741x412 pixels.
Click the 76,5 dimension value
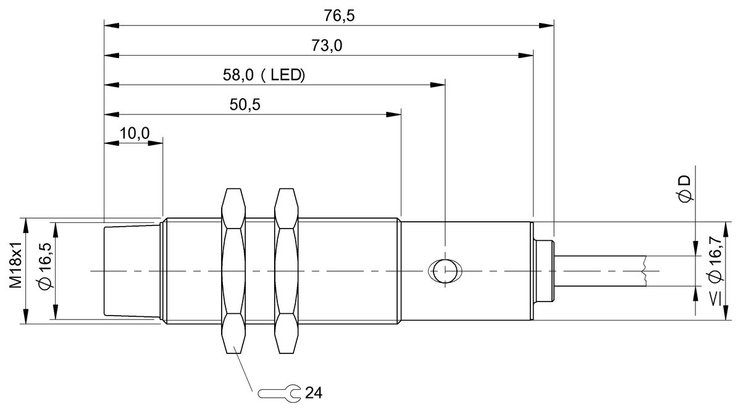[339, 16]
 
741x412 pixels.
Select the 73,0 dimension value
[327, 46]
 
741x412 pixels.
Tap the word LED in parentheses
[288, 75]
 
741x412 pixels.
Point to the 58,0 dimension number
[237, 75]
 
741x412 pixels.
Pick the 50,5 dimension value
[245, 104]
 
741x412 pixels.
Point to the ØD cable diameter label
[684, 188]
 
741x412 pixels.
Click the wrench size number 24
[314, 392]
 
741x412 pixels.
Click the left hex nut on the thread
[233, 271]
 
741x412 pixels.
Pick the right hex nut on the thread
[285, 271]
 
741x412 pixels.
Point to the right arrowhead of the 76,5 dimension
[547, 25]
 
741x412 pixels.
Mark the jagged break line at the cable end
[643, 271]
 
